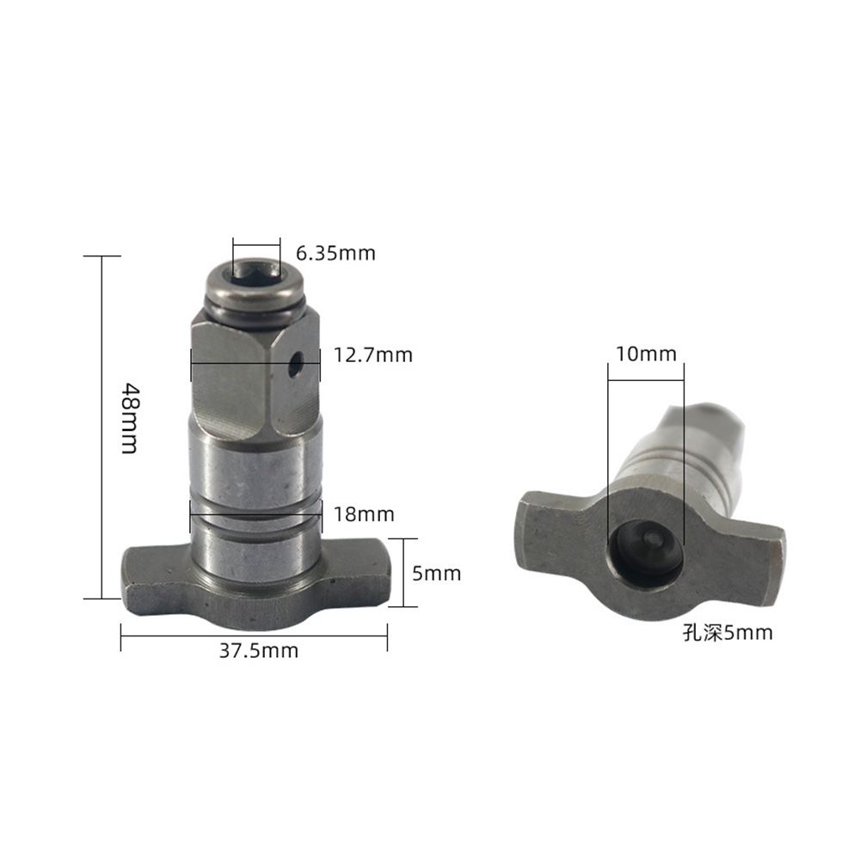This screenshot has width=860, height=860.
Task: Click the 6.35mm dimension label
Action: tap(335, 254)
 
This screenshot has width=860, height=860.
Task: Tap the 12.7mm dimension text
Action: tap(373, 354)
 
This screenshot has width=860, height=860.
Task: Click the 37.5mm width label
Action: tap(258, 651)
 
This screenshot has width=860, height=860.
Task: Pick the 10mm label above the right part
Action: tap(646, 353)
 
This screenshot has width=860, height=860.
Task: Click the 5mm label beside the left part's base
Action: tap(436, 574)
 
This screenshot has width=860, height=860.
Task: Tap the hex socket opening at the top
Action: tap(255, 273)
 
